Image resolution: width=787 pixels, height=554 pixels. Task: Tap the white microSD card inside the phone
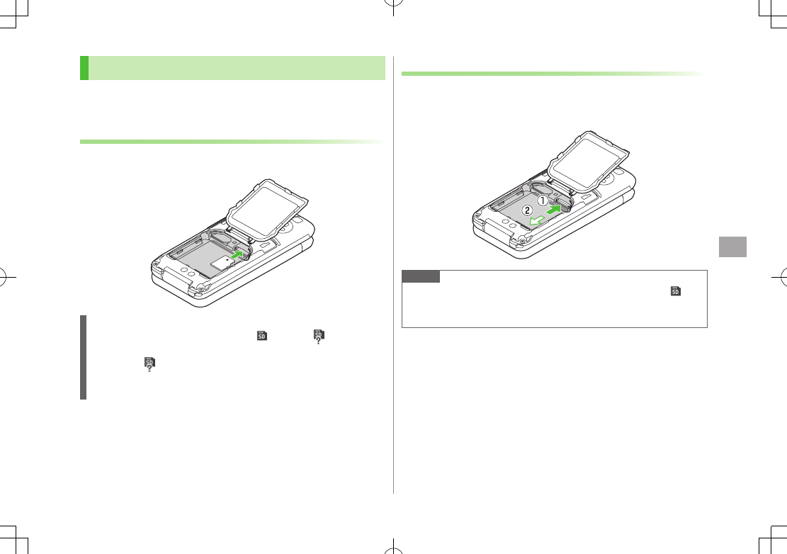click(x=220, y=261)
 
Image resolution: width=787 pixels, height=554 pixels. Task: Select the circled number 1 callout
click(x=543, y=200)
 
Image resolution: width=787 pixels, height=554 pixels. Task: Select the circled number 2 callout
click(x=527, y=210)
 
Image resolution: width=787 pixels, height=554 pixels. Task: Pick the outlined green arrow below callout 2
click(x=537, y=220)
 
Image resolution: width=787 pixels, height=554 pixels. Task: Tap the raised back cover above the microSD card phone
click(x=267, y=208)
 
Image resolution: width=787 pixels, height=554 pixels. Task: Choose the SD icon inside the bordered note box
click(x=676, y=290)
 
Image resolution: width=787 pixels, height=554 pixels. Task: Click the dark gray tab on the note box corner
click(x=421, y=276)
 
